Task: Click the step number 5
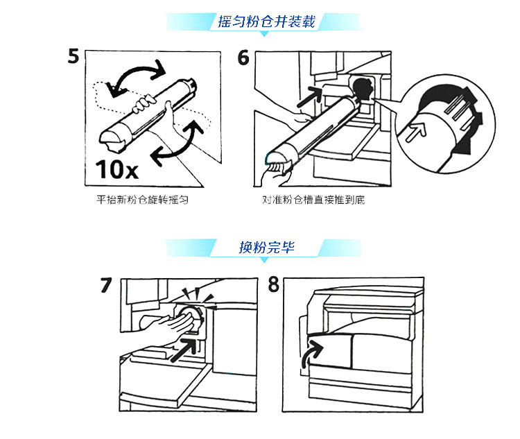pos(74,56)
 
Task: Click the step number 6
pos(243,57)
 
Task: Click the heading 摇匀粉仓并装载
pos(266,21)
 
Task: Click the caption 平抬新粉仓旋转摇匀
pos(143,200)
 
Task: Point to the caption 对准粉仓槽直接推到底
pos(309,200)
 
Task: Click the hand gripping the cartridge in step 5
pos(147,106)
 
